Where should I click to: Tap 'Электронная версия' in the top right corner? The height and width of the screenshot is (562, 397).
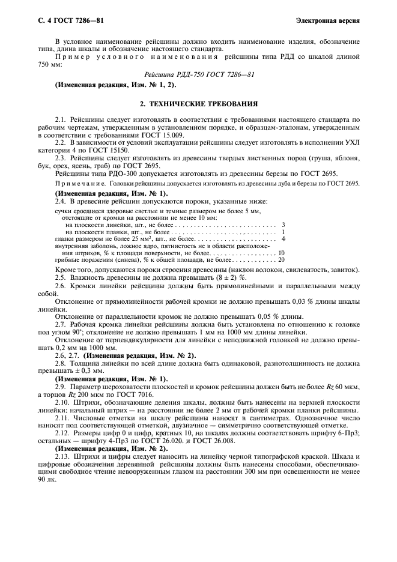pyautogui.click(x=328, y=21)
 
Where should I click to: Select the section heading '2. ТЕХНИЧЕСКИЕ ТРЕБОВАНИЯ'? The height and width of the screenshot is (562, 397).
pyautogui.click(x=198, y=103)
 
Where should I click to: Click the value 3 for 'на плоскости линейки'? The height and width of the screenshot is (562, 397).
pyautogui.click(x=282, y=224)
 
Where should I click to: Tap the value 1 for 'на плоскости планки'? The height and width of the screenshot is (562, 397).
pyautogui.click(x=282, y=231)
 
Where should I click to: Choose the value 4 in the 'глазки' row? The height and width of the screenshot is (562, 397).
pyautogui.click(x=282, y=238)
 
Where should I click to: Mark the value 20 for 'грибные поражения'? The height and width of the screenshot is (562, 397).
pyautogui.click(x=281, y=260)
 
